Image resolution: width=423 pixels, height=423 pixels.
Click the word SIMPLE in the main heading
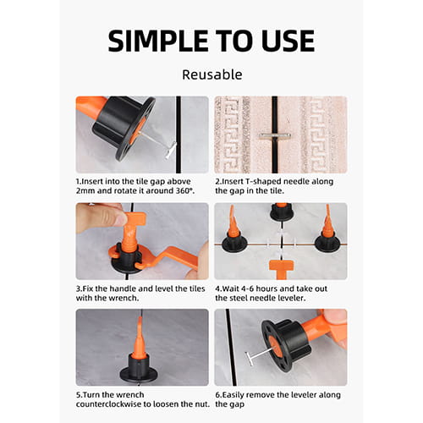[x=158, y=41]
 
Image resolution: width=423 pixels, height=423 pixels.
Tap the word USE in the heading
[x=288, y=41]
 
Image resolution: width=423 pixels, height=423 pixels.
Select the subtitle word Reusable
[x=212, y=74]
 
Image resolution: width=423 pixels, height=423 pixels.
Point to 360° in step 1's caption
[x=185, y=191]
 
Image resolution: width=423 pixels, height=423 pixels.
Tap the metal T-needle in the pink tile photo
[x=275, y=136]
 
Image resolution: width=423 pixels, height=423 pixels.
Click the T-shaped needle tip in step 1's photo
[x=170, y=151]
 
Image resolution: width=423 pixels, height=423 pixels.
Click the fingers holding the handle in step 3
[x=100, y=217]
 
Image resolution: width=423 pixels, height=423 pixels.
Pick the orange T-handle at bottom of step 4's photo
[x=281, y=268]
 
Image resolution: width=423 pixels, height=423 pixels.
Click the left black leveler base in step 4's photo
[x=234, y=244]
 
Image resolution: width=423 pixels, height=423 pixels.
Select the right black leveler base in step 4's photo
[x=327, y=244]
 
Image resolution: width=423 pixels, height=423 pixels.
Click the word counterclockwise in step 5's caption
[x=108, y=404]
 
